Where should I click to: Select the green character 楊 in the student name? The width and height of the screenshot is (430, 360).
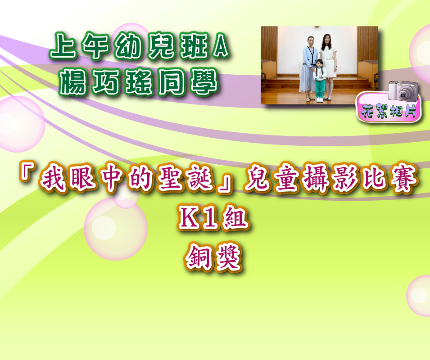[73, 81]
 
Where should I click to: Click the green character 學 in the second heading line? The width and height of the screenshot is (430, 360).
[204, 81]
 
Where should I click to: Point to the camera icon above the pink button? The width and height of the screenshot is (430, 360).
[403, 91]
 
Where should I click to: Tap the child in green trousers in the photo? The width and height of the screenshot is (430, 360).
[320, 81]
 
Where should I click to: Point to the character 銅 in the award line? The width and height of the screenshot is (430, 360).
[198, 257]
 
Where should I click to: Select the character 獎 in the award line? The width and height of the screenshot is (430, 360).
[228, 257]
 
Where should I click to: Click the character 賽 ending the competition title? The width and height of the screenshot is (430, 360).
[404, 179]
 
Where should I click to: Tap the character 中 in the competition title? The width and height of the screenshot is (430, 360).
[111, 179]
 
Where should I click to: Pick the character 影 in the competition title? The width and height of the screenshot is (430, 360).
[345, 179]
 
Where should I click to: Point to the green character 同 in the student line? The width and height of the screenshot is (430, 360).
[172, 81]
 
